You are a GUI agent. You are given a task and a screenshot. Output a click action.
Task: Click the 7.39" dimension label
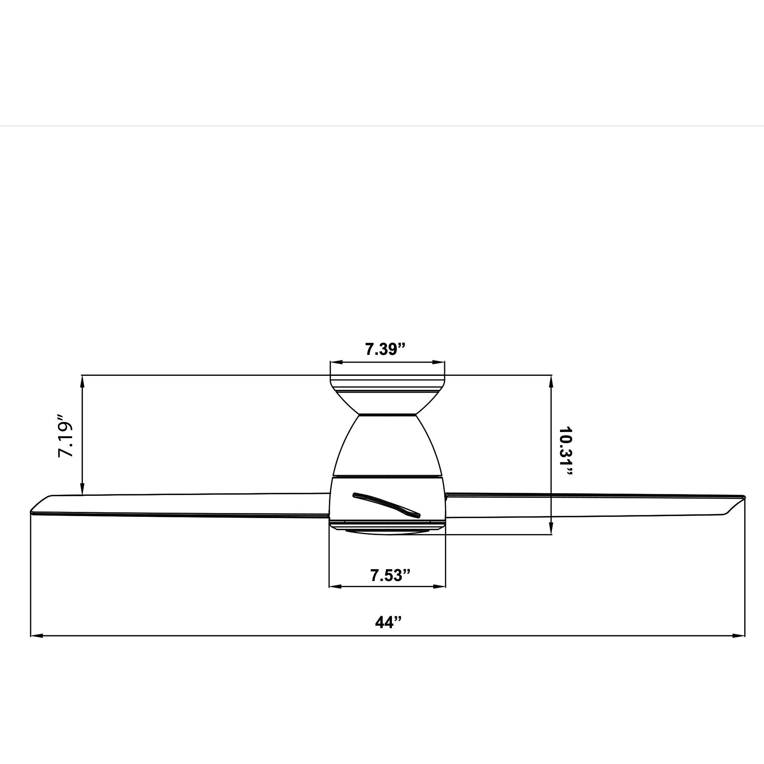tap(385, 349)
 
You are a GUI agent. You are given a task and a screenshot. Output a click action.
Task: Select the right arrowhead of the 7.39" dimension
tap(439, 362)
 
